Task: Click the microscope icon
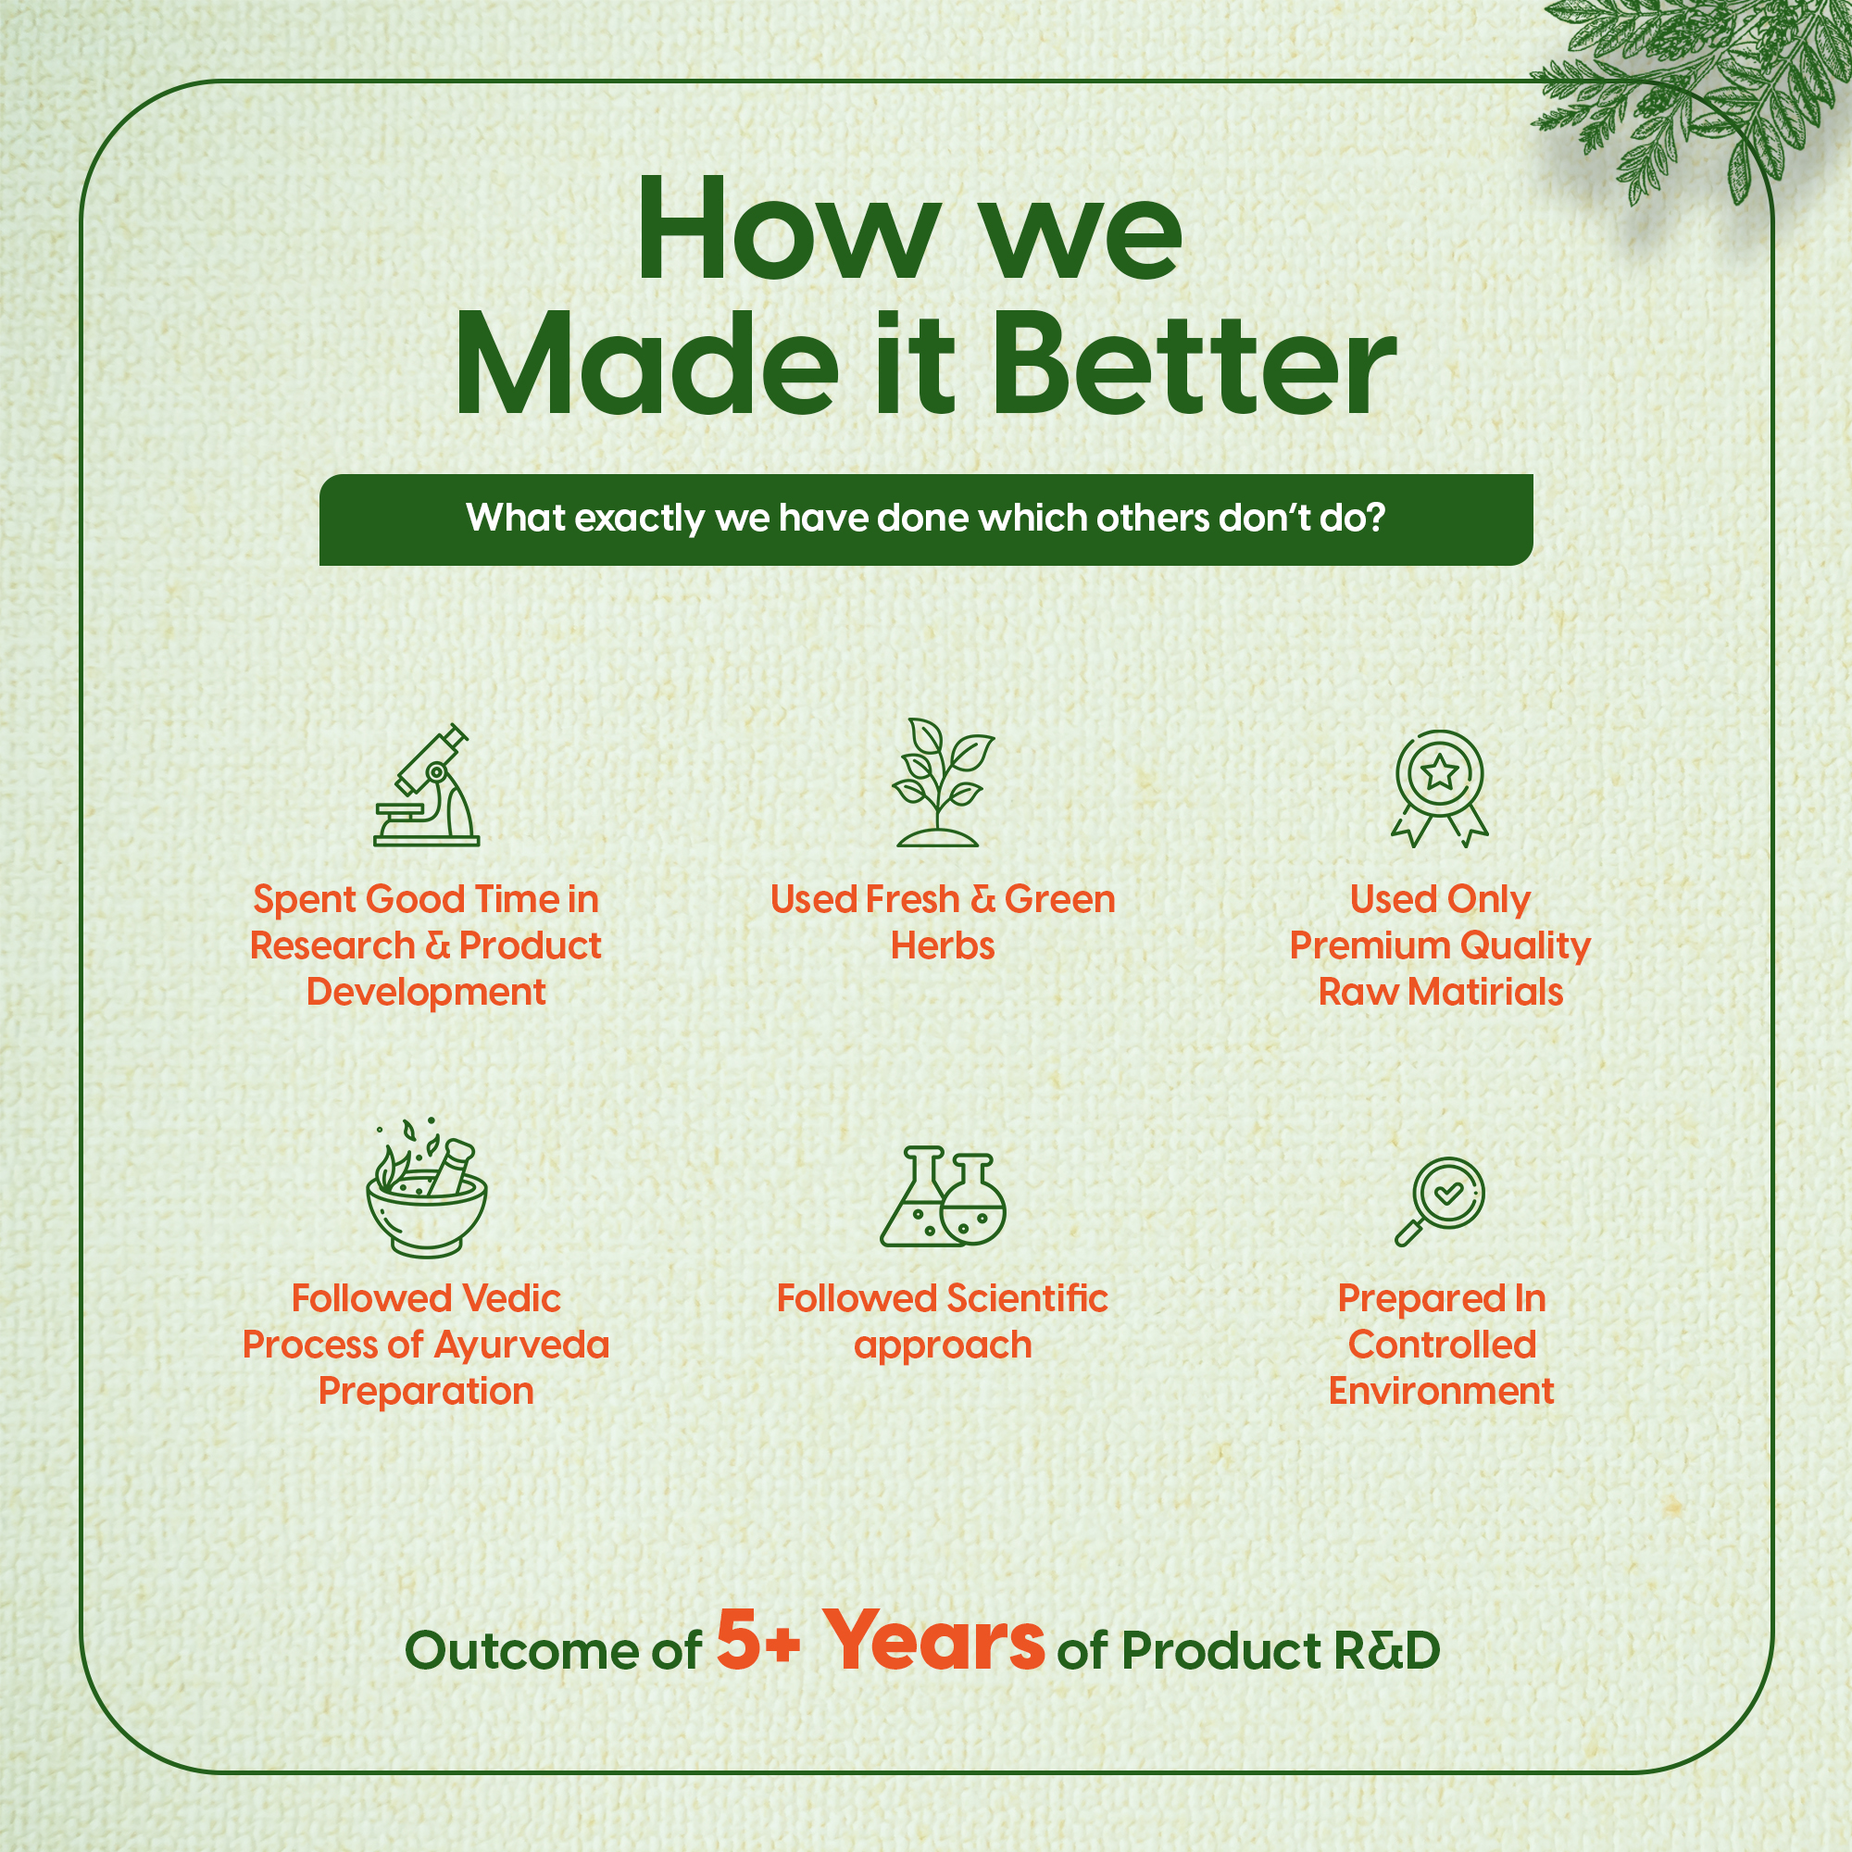pyautogui.click(x=427, y=786)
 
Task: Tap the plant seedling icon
pyautogui.click(x=943, y=782)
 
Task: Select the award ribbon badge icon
pyautogui.click(x=1440, y=788)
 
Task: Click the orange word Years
pyautogui.click(x=934, y=1640)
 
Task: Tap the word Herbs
pyautogui.click(x=943, y=946)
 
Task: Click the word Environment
pyautogui.click(x=1441, y=1391)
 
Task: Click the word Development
pyautogui.click(x=427, y=993)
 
